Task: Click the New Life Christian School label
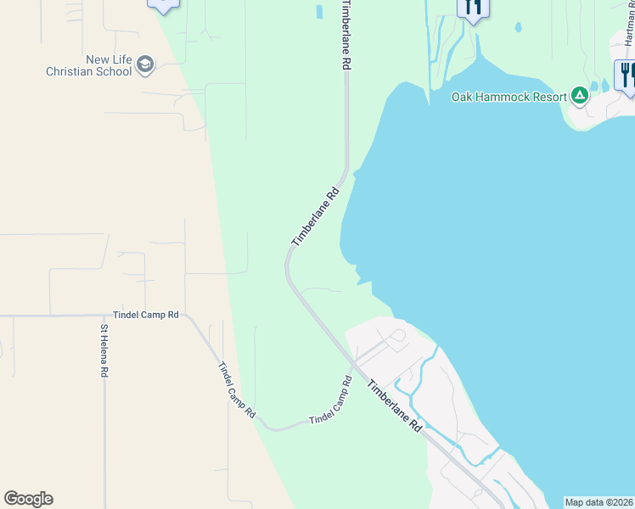click(x=89, y=66)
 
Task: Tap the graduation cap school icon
click(x=145, y=64)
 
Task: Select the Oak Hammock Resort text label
click(x=509, y=97)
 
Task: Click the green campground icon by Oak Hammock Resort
click(x=580, y=95)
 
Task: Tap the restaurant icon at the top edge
click(x=473, y=8)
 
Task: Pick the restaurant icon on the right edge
click(x=626, y=75)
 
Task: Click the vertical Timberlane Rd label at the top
click(x=345, y=34)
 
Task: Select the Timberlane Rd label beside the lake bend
click(x=316, y=217)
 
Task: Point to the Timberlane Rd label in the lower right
click(x=395, y=406)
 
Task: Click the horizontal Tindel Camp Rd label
click(x=149, y=315)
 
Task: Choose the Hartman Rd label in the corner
click(x=629, y=25)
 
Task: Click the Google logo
click(x=28, y=499)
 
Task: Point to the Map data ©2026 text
click(x=599, y=502)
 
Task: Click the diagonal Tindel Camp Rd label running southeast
click(x=237, y=389)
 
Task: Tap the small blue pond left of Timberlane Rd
click(x=319, y=12)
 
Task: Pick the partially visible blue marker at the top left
click(x=163, y=4)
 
